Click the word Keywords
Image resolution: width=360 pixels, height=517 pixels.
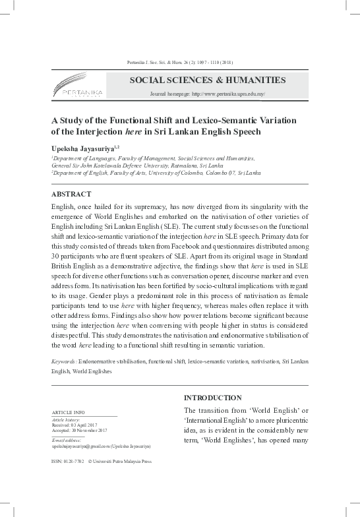coord(63,362)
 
